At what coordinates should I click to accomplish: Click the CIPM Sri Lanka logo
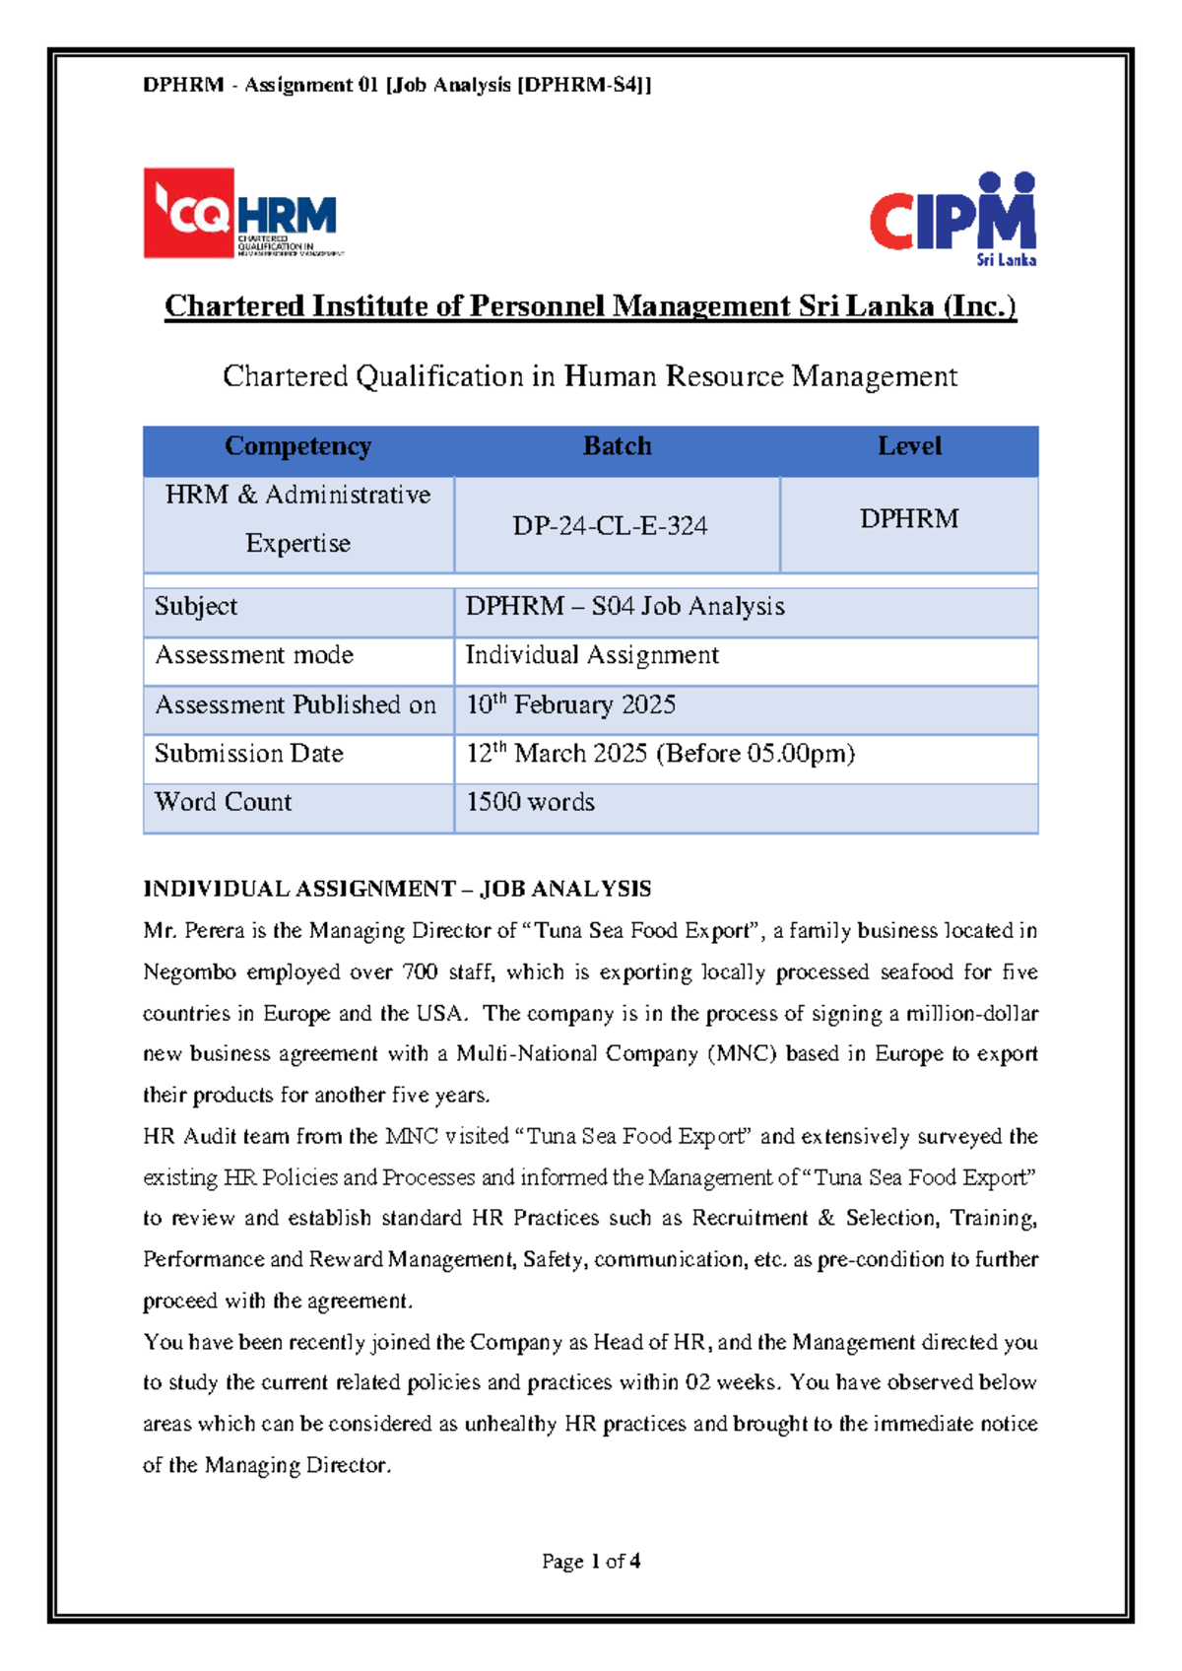click(x=952, y=219)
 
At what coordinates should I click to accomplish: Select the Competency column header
click(x=297, y=446)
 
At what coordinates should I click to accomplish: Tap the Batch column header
click(x=617, y=446)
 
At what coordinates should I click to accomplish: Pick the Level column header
click(x=909, y=446)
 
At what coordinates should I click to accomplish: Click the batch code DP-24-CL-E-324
click(x=610, y=526)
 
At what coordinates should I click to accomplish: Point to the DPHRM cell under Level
click(x=909, y=519)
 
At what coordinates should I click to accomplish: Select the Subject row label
click(x=196, y=607)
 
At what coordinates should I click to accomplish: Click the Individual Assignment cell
click(x=592, y=655)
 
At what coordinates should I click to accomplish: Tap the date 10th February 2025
click(x=570, y=704)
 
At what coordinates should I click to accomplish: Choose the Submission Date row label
click(x=249, y=754)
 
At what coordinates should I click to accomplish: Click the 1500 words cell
click(x=530, y=802)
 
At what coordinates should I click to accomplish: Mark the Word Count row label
click(x=224, y=802)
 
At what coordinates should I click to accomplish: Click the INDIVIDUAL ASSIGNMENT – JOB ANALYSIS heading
click(x=397, y=889)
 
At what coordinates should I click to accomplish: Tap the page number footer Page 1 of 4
click(x=591, y=1561)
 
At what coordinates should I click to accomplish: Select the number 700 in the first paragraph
click(x=421, y=972)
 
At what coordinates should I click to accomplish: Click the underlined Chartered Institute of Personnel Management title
click(x=590, y=306)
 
